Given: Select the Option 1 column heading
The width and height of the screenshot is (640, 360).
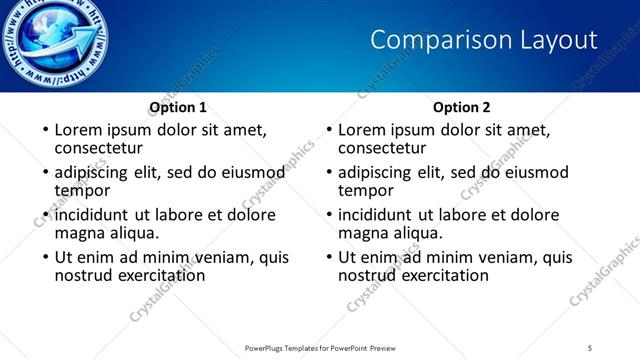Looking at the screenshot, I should point(178,107).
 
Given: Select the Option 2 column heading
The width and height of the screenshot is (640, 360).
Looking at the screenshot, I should point(462,107).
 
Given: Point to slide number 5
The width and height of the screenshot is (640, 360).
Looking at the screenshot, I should point(592,347).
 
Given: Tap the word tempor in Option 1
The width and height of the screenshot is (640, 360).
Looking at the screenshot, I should point(82,190).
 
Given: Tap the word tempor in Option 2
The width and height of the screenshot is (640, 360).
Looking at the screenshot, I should point(366,190).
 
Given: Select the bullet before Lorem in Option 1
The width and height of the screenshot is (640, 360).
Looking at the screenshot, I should point(44,131).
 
